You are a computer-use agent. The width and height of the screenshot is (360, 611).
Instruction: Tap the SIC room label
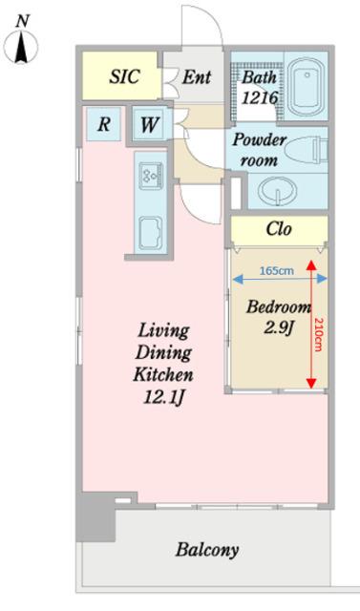tap(124, 76)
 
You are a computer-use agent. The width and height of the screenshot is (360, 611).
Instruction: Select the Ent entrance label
tap(197, 77)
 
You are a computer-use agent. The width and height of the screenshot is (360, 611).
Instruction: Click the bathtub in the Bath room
tap(307, 87)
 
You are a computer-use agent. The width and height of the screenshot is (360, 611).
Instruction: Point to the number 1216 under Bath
tap(260, 97)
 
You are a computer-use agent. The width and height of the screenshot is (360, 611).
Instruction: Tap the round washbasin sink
tap(279, 192)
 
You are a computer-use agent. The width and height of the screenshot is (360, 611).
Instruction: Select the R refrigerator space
tap(104, 124)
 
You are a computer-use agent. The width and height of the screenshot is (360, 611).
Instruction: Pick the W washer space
tap(149, 125)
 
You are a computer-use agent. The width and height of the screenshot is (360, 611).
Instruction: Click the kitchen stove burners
tap(151, 175)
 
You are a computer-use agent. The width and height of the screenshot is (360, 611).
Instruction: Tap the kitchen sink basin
tap(151, 233)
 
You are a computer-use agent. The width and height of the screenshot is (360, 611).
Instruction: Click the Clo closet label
tap(279, 229)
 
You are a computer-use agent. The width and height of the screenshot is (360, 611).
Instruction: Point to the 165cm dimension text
tap(277, 270)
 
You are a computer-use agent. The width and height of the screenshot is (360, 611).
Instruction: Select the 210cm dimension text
tap(319, 335)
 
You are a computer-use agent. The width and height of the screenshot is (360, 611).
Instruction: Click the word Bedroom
tap(279, 307)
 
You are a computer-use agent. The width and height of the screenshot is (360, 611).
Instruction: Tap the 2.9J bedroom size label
tap(279, 327)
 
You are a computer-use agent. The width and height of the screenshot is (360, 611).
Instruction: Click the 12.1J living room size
tap(163, 397)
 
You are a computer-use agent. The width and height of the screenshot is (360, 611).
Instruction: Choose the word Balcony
tap(207, 550)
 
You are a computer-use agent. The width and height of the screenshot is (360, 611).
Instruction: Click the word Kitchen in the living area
tap(163, 374)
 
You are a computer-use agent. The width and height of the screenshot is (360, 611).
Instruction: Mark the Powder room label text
tap(259, 150)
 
